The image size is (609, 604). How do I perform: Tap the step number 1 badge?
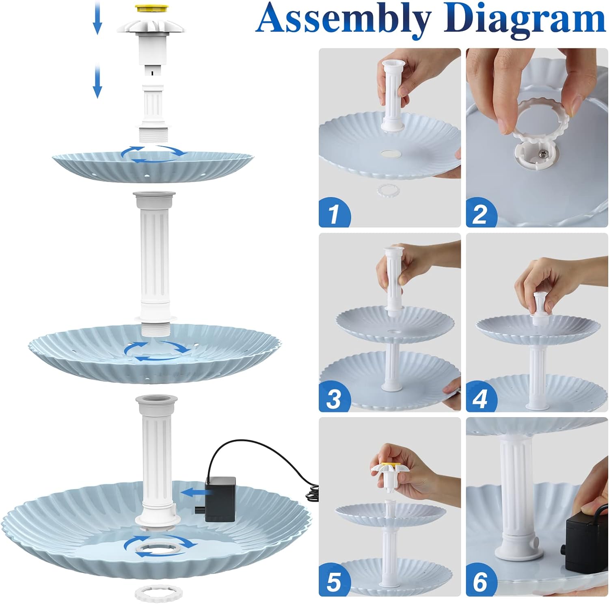click(x=335, y=213)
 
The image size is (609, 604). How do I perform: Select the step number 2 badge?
click(x=482, y=213)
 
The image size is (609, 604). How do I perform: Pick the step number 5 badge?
click(x=335, y=582)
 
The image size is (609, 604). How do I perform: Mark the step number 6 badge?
click(x=482, y=582)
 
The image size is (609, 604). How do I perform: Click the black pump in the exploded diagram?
click(x=220, y=499)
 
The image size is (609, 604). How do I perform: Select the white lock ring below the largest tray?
click(x=159, y=593)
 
